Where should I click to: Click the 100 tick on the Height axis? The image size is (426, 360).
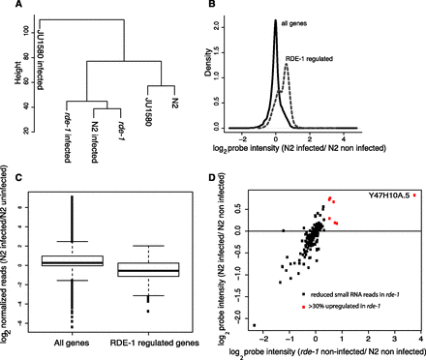(23, 34)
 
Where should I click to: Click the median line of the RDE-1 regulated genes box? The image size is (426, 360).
(156, 272)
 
